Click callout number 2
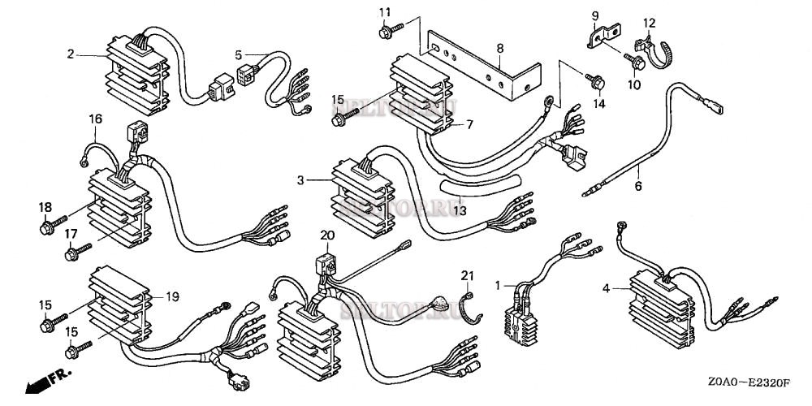click(71, 54)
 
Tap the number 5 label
click(239, 55)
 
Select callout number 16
click(96, 119)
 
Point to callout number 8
click(500, 49)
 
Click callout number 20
click(327, 235)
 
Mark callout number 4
click(606, 287)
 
